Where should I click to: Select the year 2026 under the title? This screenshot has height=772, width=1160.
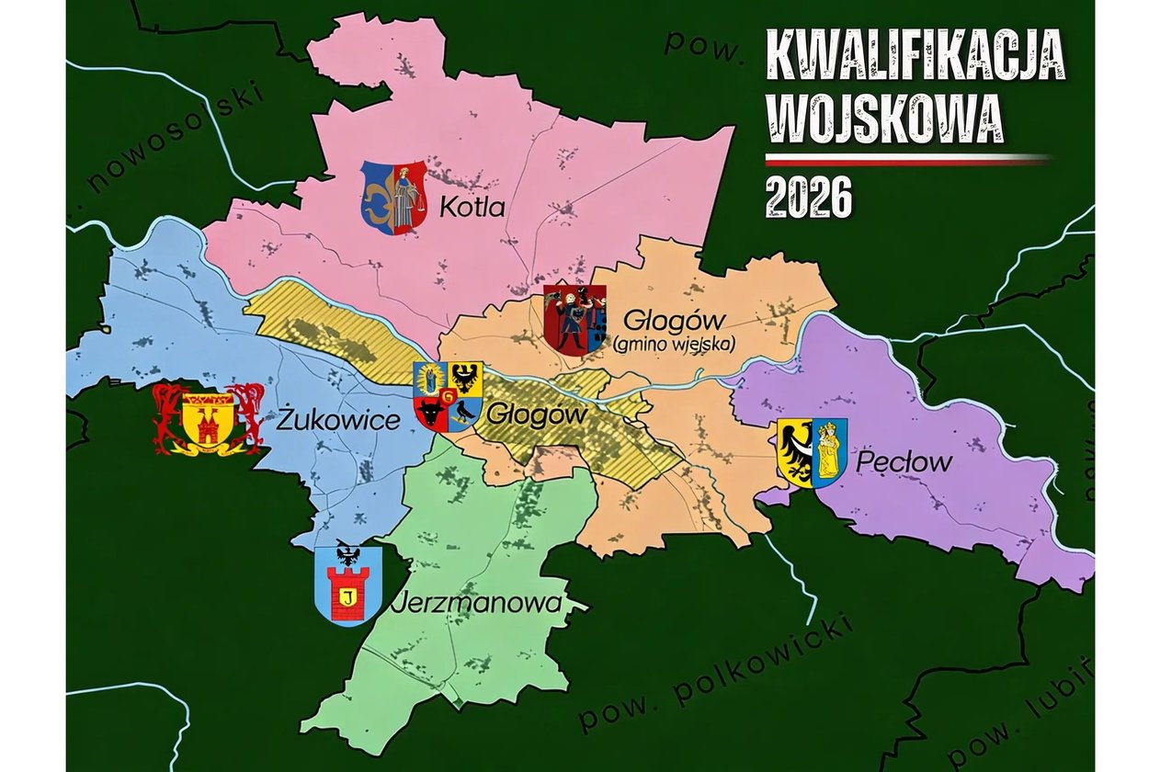click(x=809, y=196)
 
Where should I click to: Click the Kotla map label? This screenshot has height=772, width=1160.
click(x=472, y=208)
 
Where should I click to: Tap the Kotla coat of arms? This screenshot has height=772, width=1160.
click(x=392, y=197)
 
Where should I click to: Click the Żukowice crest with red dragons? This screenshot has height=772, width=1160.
click(x=208, y=420)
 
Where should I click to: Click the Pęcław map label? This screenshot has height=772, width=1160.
click(x=904, y=462)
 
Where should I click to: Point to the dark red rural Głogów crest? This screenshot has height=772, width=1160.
click(x=574, y=319)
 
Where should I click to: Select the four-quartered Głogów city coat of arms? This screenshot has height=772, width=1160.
click(x=448, y=396)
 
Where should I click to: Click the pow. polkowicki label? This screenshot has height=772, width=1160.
click(x=716, y=668)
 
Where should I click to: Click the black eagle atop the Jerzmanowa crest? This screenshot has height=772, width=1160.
click(x=347, y=552)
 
